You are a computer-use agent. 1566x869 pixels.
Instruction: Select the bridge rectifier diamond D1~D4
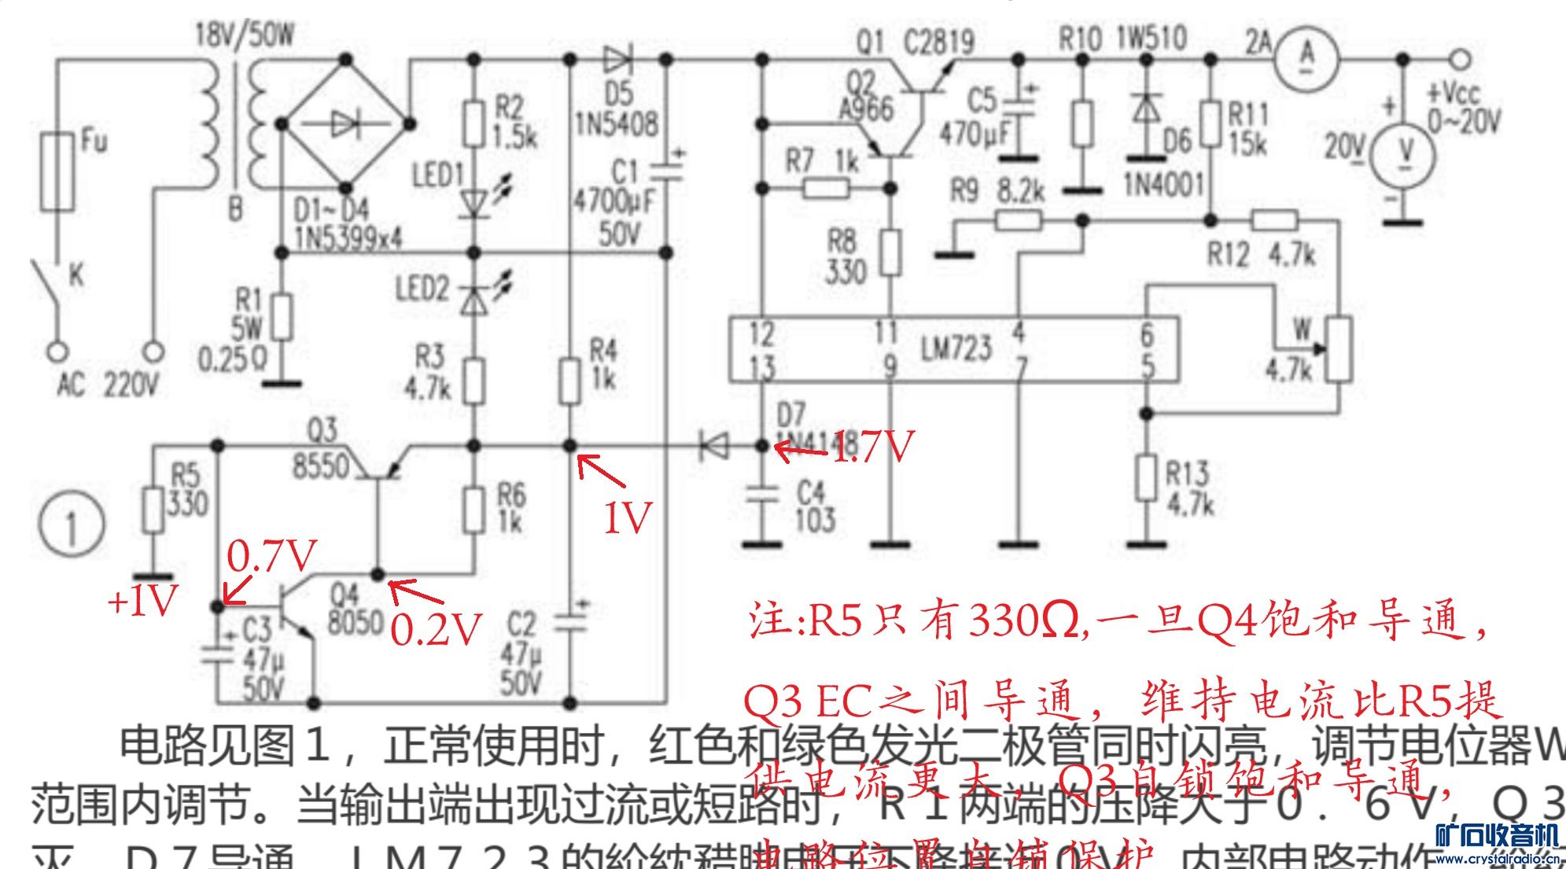coord(346,124)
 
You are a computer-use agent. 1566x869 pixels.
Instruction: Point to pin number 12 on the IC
coord(761,333)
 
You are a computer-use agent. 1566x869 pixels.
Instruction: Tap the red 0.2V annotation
coord(435,629)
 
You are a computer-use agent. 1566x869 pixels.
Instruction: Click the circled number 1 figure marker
coord(72,525)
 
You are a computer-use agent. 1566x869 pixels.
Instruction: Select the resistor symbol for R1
coord(282,317)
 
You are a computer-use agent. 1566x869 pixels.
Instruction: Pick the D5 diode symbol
coord(619,59)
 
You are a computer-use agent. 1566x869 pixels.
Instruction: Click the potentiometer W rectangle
coord(1339,350)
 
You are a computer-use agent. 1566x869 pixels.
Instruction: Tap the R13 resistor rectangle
coord(1147,477)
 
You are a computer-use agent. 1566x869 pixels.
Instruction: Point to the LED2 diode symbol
coord(473,299)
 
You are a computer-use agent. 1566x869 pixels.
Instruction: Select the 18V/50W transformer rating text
coord(244,34)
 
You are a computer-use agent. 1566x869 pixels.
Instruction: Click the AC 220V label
coord(108,385)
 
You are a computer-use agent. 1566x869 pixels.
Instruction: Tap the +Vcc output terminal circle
coord(1461,59)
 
